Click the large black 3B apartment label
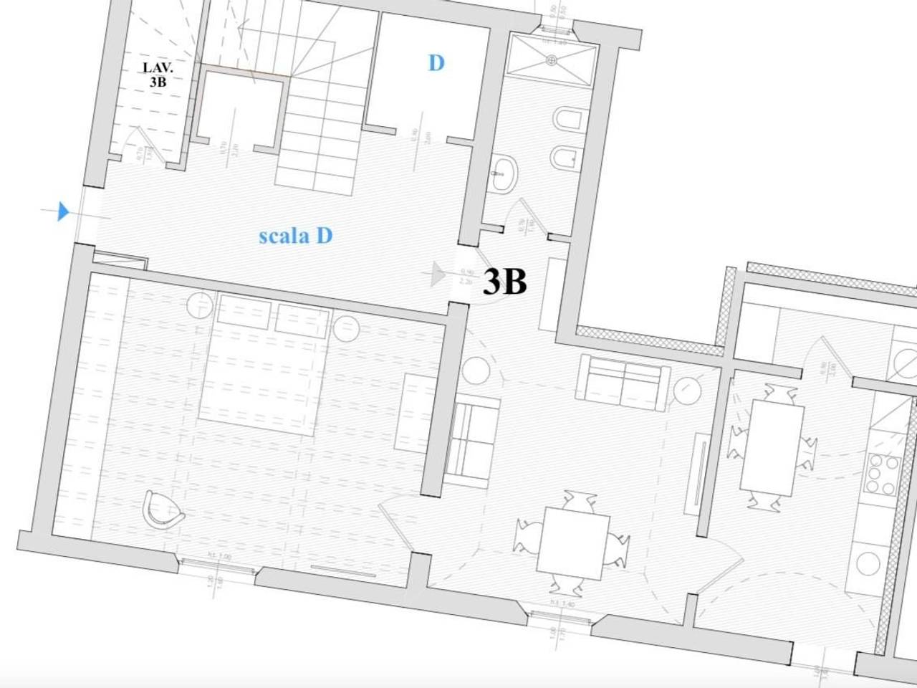[x=505, y=282]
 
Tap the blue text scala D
[x=295, y=235]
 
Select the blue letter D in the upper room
[x=436, y=63]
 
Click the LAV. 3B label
[x=158, y=75]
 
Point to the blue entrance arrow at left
[x=63, y=211]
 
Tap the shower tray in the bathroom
[x=552, y=59]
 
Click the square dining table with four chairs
[x=576, y=543]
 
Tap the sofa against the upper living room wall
[x=624, y=382]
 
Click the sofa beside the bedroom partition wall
[x=473, y=439]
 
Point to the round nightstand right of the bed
[x=347, y=328]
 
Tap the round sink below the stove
[x=869, y=563]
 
